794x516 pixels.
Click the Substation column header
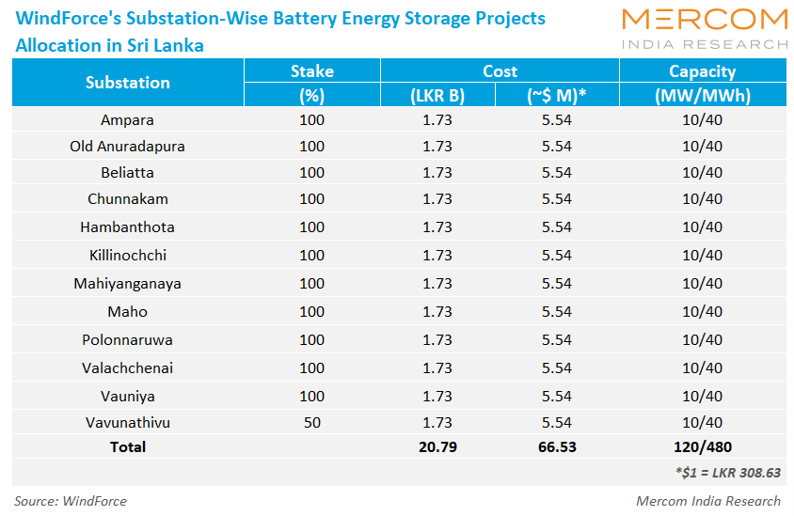click(128, 83)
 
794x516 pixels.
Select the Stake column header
click(311, 71)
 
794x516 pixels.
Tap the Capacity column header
click(702, 71)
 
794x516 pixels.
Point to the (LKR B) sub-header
click(437, 96)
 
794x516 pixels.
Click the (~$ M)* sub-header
click(557, 96)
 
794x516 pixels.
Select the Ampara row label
click(128, 120)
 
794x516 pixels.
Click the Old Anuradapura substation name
click(128, 147)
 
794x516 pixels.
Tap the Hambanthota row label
click(128, 227)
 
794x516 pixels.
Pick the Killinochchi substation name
click(128, 256)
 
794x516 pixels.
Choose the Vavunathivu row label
click(128, 423)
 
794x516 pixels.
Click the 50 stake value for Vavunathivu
click(311, 423)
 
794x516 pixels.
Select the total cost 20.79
click(437, 447)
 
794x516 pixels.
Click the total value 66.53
click(557, 447)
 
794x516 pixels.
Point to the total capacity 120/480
click(702, 447)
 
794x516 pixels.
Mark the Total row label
click(128, 447)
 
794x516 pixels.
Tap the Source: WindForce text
click(71, 501)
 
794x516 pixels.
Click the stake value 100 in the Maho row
click(311, 312)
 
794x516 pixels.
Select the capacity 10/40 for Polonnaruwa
click(702, 340)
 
